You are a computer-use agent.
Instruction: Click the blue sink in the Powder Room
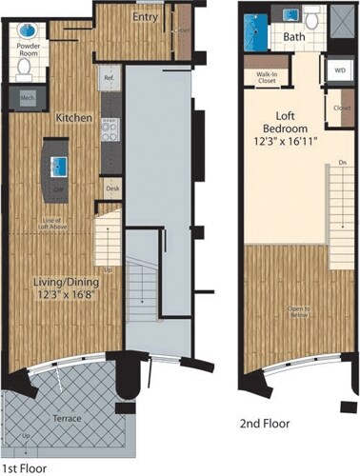(27, 31)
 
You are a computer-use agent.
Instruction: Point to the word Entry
(146, 17)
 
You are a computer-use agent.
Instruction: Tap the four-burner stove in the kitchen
(109, 128)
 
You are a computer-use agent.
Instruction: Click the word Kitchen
(73, 118)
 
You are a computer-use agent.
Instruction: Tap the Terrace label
(66, 418)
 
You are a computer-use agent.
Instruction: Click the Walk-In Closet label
(266, 77)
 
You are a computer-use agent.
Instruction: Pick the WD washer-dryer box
(339, 70)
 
